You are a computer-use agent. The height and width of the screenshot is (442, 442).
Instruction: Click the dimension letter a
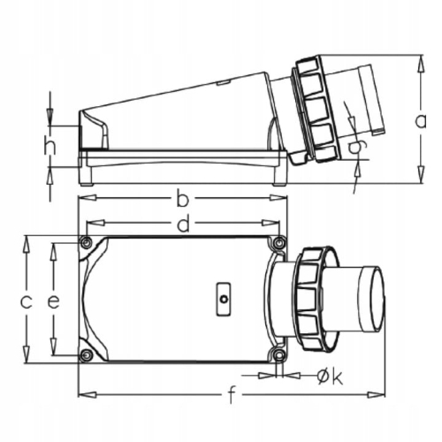(422, 120)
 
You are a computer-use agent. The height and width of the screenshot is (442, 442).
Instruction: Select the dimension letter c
(27, 301)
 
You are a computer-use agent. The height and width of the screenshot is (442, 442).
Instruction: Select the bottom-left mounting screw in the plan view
(86, 355)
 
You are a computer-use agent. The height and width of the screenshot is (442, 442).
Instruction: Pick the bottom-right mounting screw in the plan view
(279, 355)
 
